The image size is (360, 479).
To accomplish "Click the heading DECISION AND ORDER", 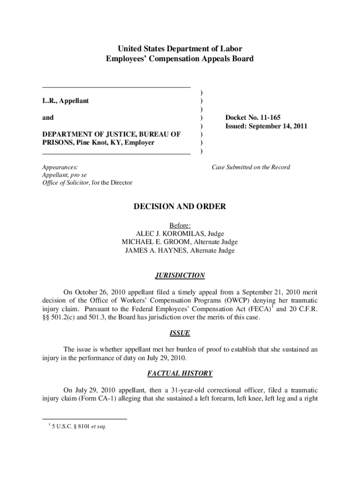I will (180, 206).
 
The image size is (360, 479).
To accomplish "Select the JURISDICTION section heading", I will (180, 276).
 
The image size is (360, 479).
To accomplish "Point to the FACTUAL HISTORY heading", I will (180, 373).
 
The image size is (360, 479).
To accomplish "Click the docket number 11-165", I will (264, 117).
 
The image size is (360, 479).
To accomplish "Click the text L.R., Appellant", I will (65, 101).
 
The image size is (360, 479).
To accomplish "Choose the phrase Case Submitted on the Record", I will (251, 167).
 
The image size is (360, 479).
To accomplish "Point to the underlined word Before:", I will (180, 225).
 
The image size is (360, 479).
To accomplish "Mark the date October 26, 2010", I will (96, 291).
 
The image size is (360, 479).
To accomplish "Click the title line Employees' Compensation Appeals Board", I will (180, 58).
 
